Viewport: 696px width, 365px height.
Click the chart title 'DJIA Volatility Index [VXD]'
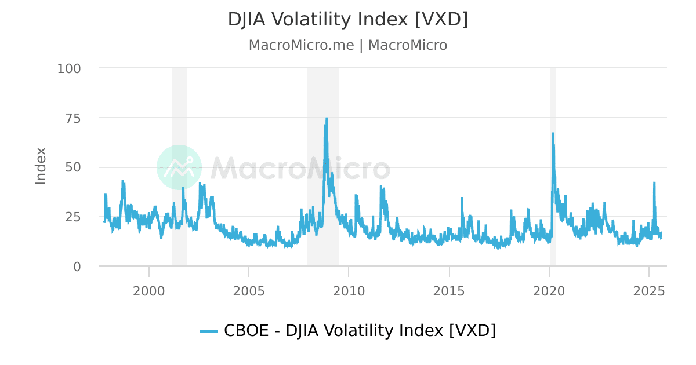point(347,20)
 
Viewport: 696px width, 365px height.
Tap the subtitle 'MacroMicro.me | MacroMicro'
point(347,45)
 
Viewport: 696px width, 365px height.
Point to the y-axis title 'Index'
point(41,166)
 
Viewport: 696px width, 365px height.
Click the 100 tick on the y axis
point(69,68)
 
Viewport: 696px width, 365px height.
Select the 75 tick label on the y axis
point(73,118)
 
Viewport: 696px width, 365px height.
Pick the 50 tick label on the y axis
point(73,167)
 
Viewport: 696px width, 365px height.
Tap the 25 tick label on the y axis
point(73,217)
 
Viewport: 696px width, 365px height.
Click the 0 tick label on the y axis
point(77,267)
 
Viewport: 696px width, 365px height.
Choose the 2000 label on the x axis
point(149,291)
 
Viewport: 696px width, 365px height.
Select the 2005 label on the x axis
point(249,291)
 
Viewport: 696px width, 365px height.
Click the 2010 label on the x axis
point(349,291)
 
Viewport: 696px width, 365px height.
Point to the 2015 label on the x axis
point(449,291)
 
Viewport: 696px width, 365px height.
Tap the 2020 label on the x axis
point(549,291)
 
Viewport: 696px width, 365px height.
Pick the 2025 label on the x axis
point(649,291)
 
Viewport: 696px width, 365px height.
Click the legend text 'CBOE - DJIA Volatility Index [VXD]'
point(360,331)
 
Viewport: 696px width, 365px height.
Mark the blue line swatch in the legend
point(209,331)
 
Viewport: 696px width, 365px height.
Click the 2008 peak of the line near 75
point(327,119)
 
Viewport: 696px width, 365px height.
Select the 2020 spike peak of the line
point(553,134)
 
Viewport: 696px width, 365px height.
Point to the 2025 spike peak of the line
point(654,183)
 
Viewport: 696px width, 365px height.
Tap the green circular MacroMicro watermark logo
point(179,167)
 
